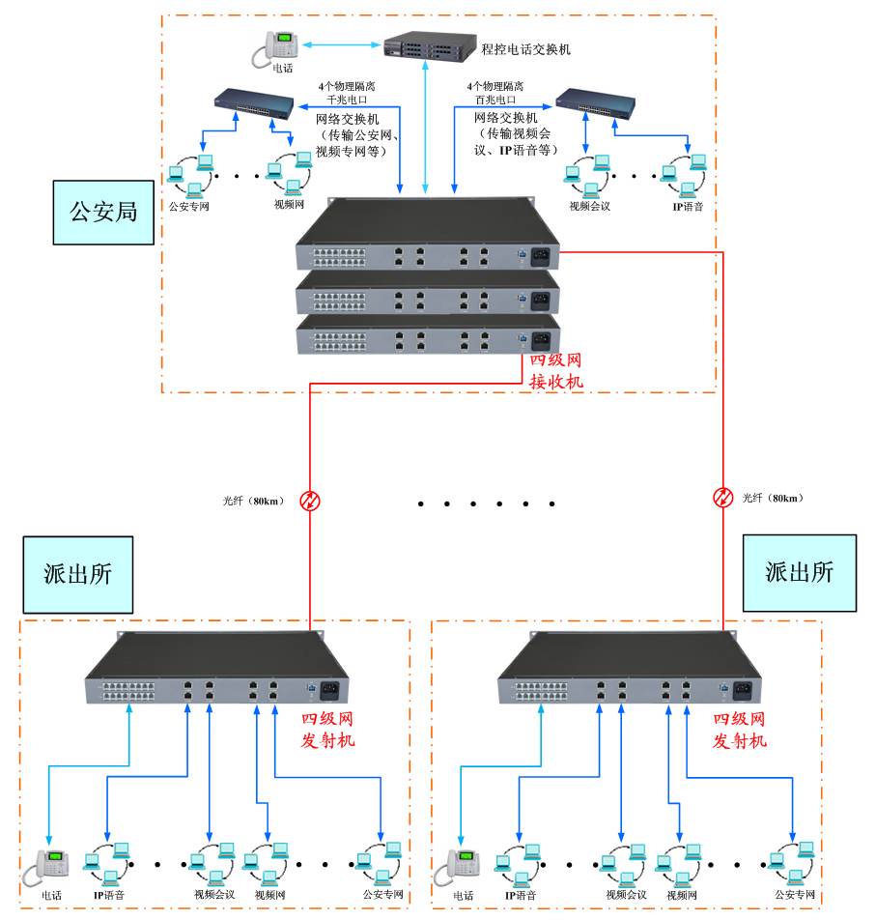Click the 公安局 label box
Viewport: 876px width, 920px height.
click(x=103, y=211)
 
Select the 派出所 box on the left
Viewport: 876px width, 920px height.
click(x=77, y=574)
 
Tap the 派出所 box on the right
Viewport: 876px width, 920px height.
click(x=799, y=572)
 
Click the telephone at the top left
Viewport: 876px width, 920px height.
click(x=276, y=48)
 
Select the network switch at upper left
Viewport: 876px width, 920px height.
click(x=254, y=103)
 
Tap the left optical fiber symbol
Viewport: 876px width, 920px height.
click(x=310, y=500)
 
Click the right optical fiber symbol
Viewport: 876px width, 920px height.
click(x=722, y=498)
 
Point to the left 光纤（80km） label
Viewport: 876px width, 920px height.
click(x=250, y=501)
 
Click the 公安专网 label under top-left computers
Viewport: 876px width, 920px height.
click(x=189, y=206)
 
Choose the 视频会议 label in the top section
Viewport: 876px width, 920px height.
click(x=589, y=206)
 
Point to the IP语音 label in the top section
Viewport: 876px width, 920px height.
click(x=689, y=206)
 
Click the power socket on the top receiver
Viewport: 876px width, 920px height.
click(x=541, y=255)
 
